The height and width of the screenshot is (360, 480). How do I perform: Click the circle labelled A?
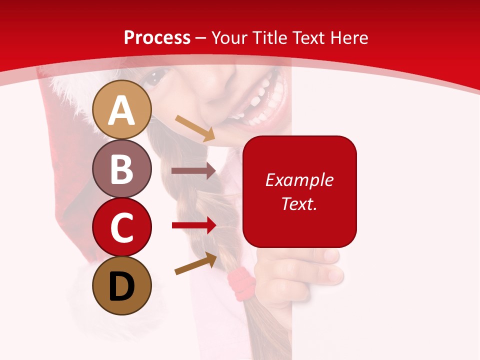[122, 109]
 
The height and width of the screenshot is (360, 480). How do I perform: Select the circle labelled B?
[122, 168]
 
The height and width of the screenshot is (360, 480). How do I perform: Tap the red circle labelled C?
[122, 227]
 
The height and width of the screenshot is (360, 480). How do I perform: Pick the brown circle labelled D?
[122, 285]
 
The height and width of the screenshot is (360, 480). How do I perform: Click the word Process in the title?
[157, 37]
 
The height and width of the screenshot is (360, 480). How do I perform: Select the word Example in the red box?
[299, 180]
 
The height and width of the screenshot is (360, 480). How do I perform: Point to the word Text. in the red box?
[299, 203]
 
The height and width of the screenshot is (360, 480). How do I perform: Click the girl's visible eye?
[158, 76]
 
